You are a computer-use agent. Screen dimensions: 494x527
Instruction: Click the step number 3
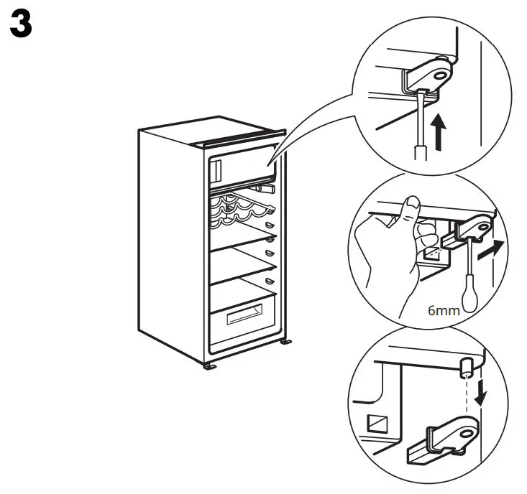(x=21, y=26)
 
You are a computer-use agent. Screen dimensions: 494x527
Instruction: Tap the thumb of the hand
(x=411, y=210)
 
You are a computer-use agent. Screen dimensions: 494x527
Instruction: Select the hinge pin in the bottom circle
(x=466, y=367)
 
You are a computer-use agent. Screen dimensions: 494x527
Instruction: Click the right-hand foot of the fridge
(x=287, y=343)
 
